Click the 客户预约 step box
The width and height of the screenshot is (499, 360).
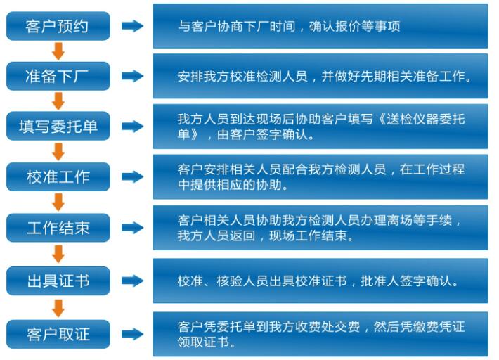[x=58, y=26]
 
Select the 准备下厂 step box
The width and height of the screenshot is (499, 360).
[x=58, y=76]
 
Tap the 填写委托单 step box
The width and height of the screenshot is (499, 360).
[x=58, y=127]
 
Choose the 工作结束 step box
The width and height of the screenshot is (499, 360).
[x=58, y=228]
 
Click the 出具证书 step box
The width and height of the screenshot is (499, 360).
[x=58, y=281]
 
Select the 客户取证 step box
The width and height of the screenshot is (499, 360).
[x=58, y=333]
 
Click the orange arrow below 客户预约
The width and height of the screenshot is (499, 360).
[x=58, y=51]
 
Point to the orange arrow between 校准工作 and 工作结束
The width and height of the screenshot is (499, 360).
[x=58, y=202]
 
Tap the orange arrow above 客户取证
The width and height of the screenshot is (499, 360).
[x=58, y=307]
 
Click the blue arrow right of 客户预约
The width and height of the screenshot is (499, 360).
[x=132, y=26]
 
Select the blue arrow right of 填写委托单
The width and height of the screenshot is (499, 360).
[x=132, y=127]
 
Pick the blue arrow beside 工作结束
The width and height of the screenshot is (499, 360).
[x=132, y=228]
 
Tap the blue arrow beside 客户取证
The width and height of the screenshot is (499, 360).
[x=132, y=333]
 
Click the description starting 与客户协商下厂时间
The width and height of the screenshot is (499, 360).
[x=289, y=27]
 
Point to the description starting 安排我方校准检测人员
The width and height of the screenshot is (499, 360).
[x=323, y=77]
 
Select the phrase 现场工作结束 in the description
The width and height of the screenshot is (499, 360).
[x=317, y=236]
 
